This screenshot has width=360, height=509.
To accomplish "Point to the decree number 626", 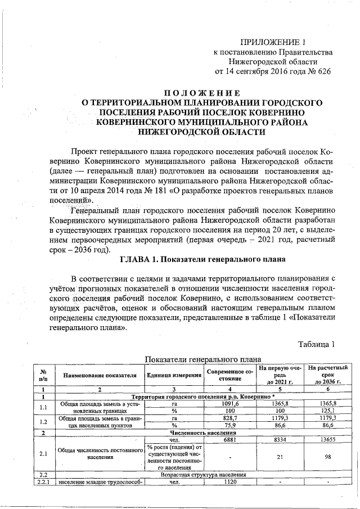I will tap(323, 71).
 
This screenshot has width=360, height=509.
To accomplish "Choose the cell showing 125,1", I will tap(328, 411).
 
